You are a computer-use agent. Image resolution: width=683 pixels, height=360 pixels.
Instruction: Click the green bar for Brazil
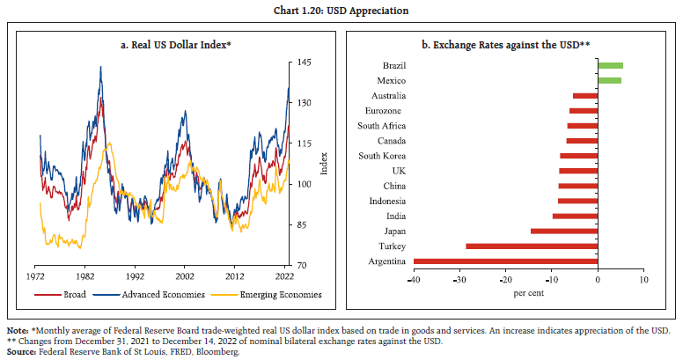tap(610, 65)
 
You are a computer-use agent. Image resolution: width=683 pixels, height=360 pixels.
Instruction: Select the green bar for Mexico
tap(609, 80)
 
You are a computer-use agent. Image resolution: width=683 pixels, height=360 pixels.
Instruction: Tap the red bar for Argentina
tap(505, 261)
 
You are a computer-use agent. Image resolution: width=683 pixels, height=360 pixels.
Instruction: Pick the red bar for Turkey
tap(532, 246)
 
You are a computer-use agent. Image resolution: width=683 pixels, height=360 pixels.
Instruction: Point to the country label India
tap(396, 216)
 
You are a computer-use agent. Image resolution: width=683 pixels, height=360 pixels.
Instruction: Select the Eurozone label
tap(386, 111)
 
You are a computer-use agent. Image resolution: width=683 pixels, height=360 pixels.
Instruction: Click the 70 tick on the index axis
tap(300, 265)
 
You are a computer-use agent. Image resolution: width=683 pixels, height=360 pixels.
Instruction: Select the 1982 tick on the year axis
tap(85, 276)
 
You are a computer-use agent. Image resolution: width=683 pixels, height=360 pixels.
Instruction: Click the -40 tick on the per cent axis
tap(413, 280)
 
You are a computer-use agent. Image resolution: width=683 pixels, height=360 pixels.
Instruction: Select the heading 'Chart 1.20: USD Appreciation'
tap(341, 11)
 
